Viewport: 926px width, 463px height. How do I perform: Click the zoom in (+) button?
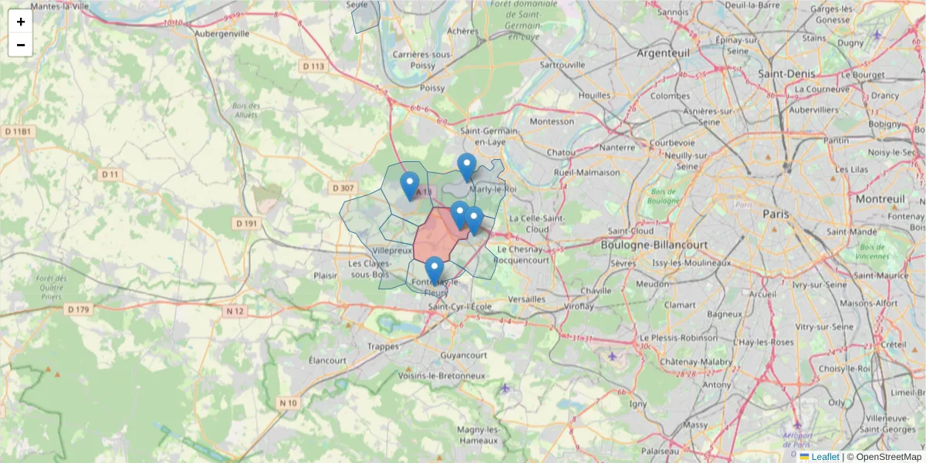click(21, 22)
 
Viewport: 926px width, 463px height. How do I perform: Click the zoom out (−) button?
click(21, 45)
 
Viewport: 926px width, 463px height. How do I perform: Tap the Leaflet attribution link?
click(825, 457)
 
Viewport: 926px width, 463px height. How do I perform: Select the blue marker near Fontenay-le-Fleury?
click(434, 271)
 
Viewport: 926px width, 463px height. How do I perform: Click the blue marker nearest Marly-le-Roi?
click(466, 167)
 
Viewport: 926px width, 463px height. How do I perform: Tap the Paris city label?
click(776, 213)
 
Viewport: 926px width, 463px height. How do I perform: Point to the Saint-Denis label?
click(786, 73)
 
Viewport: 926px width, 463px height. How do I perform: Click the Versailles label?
click(528, 299)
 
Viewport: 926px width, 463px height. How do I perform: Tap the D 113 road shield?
click(314, 66)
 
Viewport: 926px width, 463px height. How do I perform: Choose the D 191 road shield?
click(246, 223)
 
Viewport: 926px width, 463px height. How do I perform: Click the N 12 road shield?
click(235, 311)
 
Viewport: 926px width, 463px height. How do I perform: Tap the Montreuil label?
click(880, 199)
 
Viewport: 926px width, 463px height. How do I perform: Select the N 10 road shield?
click(288, 403)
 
